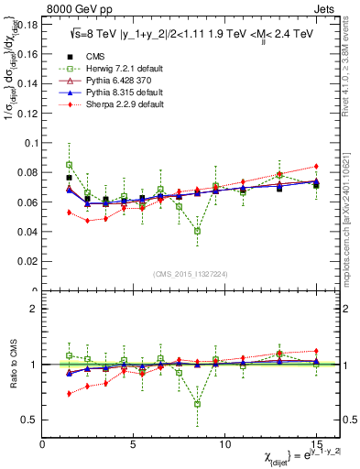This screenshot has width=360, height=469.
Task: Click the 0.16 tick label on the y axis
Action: [27, 54]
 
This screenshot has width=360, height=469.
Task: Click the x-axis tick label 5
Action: [134, 443]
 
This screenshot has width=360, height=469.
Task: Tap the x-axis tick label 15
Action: [315, 443]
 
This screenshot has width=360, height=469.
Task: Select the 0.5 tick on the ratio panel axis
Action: [32, 420]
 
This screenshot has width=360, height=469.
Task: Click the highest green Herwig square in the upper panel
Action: [69, 165]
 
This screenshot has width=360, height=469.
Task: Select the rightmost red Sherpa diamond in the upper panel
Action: [316, 167]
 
